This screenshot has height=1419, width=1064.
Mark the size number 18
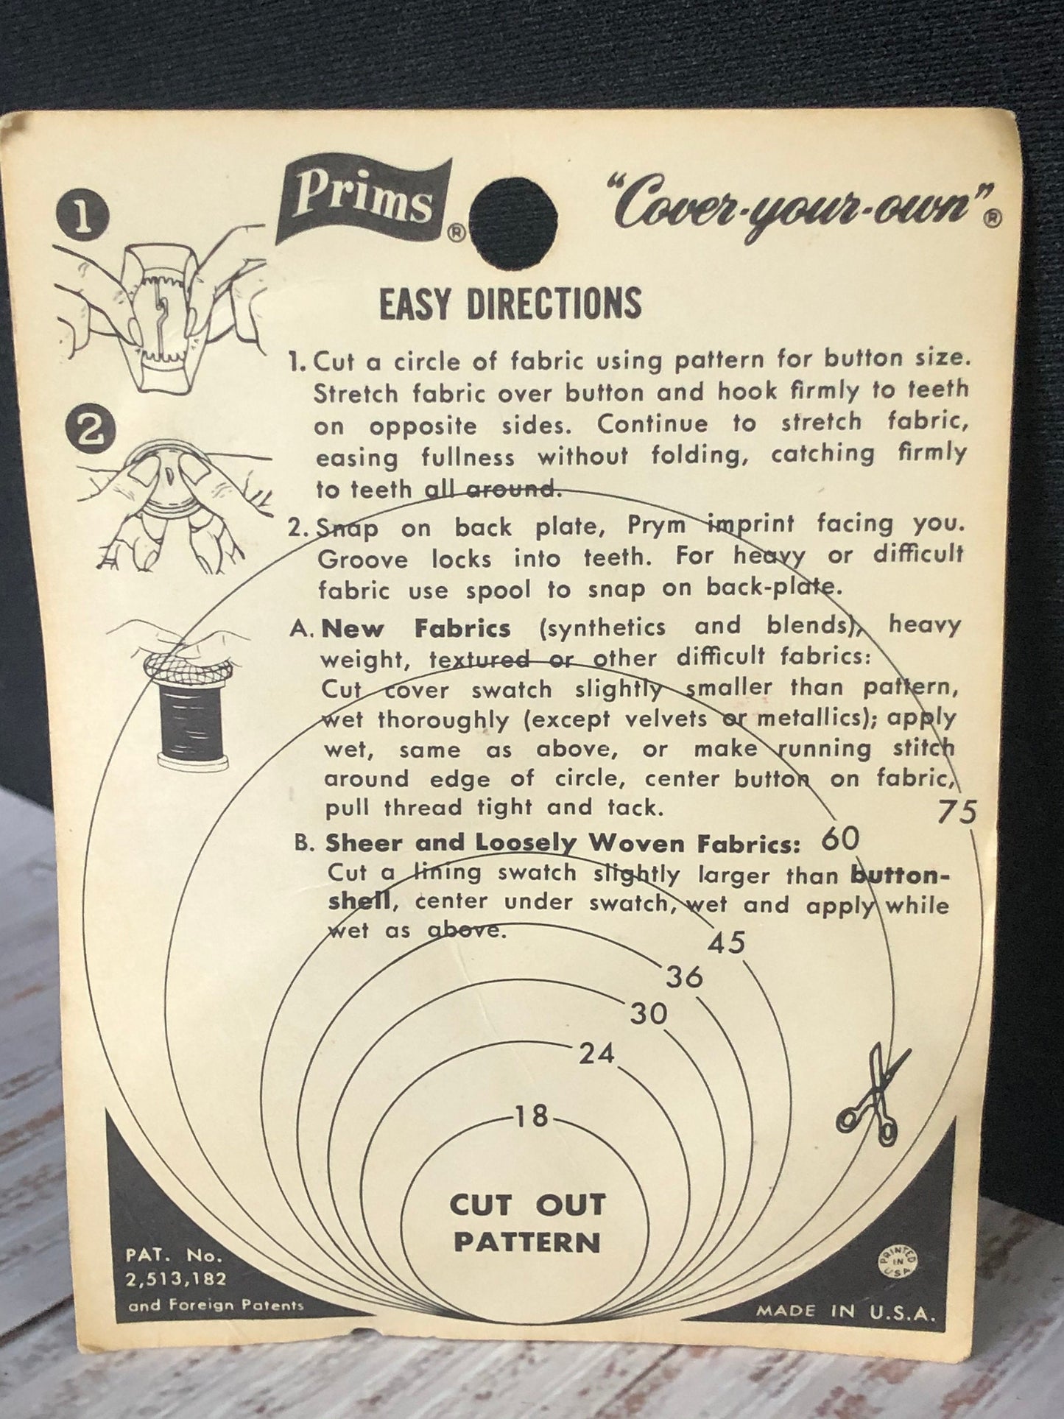532,1117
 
